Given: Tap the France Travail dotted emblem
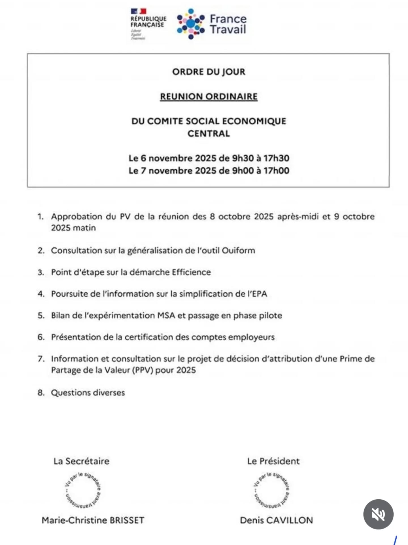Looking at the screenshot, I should tap(191, 24).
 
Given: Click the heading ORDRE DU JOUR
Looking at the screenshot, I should tap(209, 72).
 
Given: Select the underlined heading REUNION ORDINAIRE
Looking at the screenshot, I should tap(209, 97).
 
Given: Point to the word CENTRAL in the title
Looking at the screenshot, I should tap(209, 133).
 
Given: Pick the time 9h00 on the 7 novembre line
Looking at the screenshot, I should tap(243, 171).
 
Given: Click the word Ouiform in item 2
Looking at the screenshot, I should tap(238, 251).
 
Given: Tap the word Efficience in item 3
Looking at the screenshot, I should tap(191, 272).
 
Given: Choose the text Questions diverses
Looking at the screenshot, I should tap(88, 393).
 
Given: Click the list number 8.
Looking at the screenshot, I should tap(41, 393).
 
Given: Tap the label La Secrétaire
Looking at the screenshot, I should tap(81, 461).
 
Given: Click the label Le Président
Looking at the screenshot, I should tap(273, 461).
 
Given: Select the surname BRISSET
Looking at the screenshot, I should tap(127, 520).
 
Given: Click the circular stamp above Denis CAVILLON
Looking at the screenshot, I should tap(271, 490).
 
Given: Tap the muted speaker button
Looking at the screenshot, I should tap(378, 514).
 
